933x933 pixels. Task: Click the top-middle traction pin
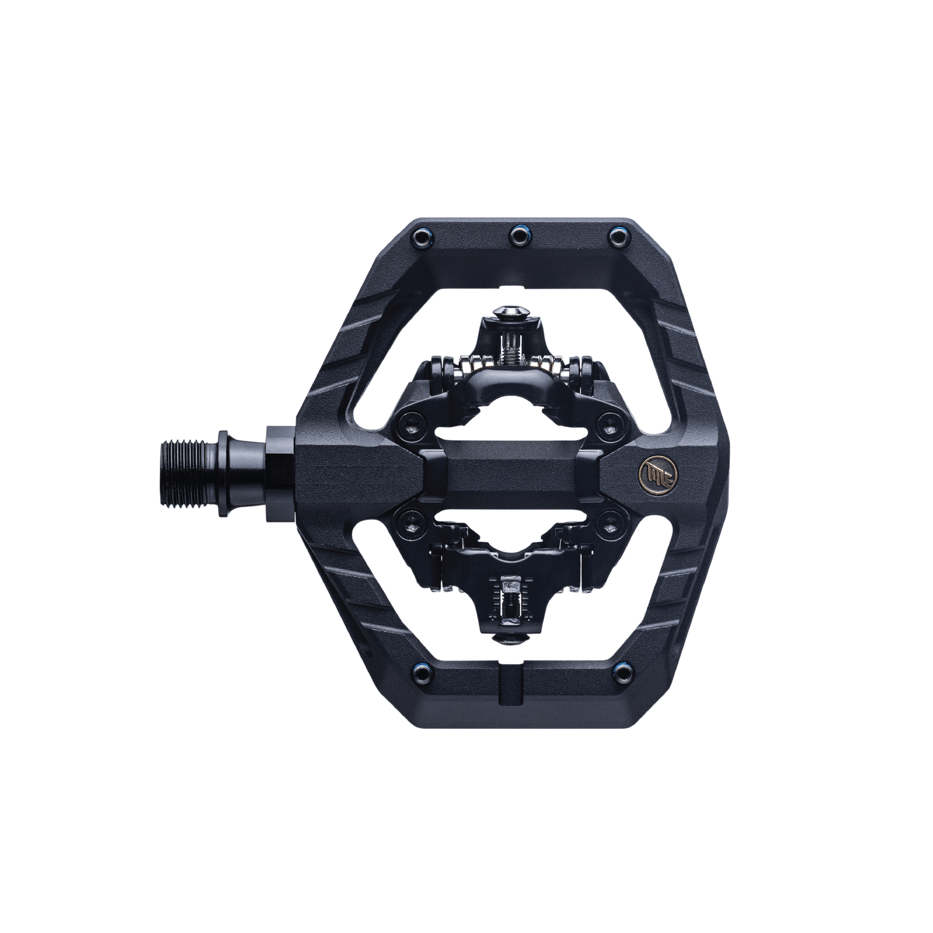tap(517, 236)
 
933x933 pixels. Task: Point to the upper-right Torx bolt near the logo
tap(610, 419)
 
